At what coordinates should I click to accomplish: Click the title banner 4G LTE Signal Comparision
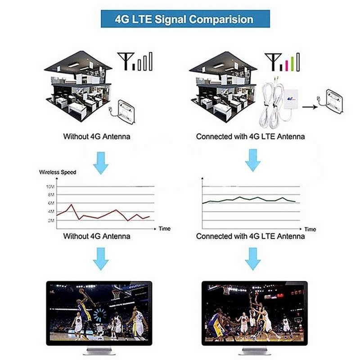click(x=185, y=19)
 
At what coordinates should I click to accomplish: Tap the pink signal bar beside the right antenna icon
click(x=287, y=65)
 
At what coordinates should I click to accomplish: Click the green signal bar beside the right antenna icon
click(x=292, y=63)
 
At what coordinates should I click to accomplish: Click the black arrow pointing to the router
click(x=310, y=107)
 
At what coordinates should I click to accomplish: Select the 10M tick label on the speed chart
click(x=50, y=187)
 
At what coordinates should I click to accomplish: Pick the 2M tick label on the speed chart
click(x=51, y=220)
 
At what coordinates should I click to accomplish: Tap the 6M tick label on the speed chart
click(x=51, y=203)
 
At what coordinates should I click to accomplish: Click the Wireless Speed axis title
click(x=58, y=172)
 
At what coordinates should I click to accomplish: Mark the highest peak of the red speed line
click(x=72, y=204)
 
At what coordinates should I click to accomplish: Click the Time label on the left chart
click(x=164, y=229)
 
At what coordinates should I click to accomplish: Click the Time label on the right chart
click(x=310, y=229)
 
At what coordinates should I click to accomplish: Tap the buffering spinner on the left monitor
click(x=100, y=315)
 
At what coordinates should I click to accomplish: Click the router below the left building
click(x=126, y=112)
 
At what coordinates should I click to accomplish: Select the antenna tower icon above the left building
click(x=126, y=61)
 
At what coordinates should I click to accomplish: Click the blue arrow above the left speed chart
click(x=101, y=163)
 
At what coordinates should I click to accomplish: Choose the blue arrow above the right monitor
click(x=253, y=259)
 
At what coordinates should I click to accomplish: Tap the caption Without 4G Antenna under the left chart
click(x=97, y=236)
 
